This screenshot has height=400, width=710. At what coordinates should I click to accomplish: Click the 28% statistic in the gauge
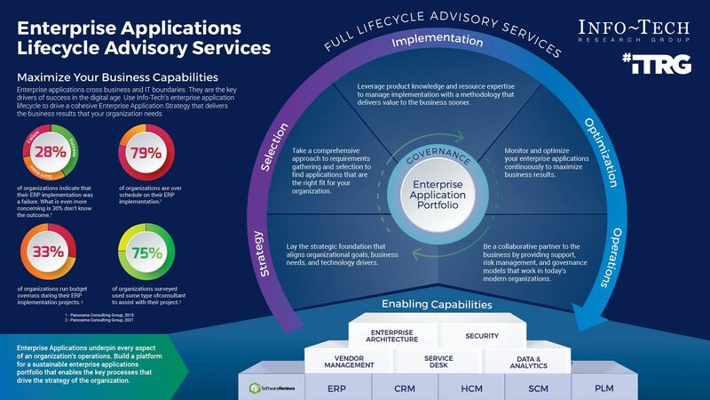(x=51, y=151)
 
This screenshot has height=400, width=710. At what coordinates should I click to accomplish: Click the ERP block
(x=336, y=388)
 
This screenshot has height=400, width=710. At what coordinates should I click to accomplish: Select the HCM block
(x=471, y=388)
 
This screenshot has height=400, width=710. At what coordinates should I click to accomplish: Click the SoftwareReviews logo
(x=271, y=388)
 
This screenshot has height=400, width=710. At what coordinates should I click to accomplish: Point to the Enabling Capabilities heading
(x=437, y=305)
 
